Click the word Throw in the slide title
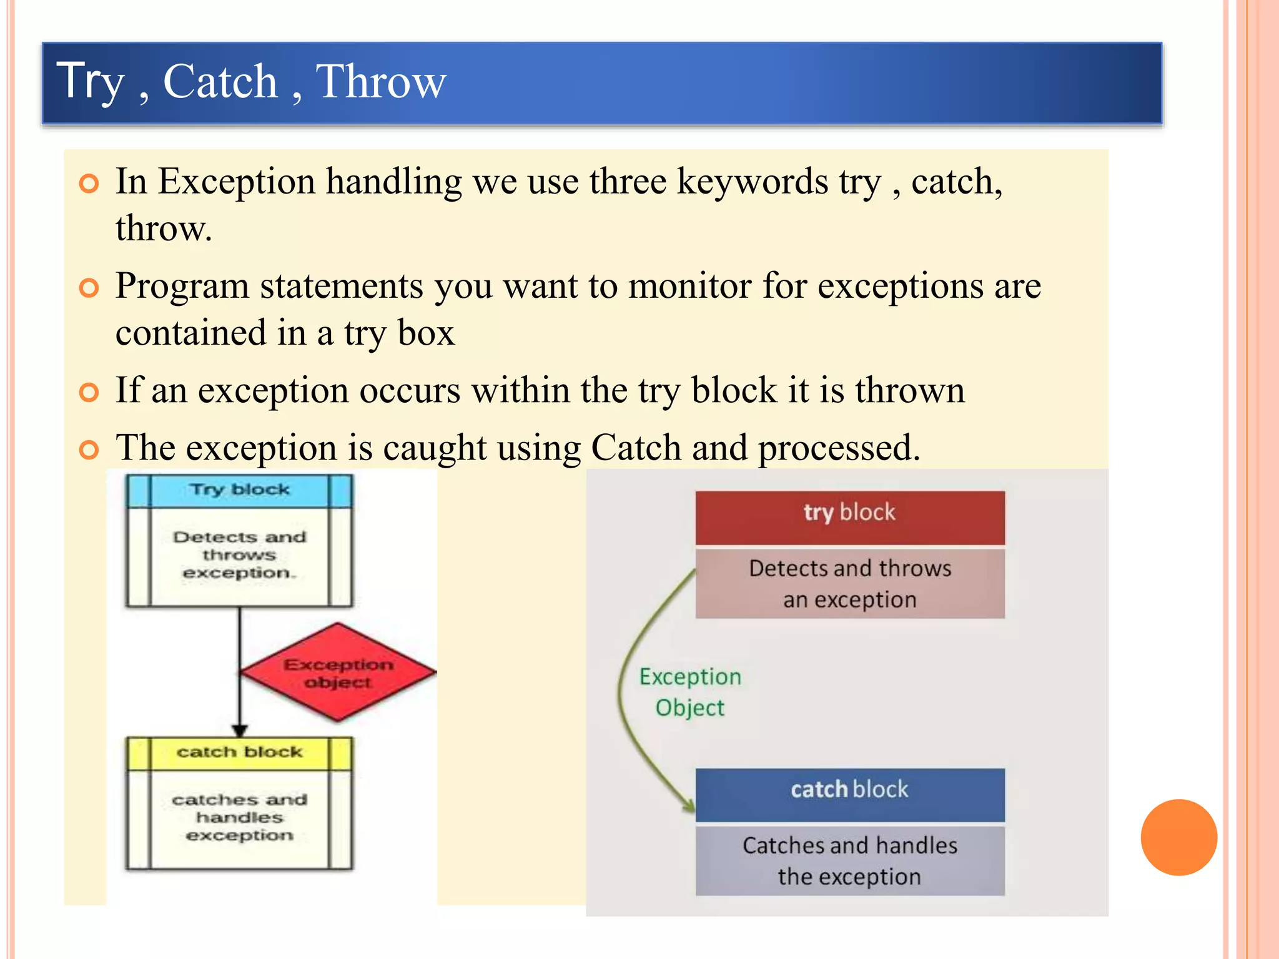click(x=381, y=82)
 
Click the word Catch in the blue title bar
click(x=220, y=82)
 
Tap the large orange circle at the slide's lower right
click(x=1178, y=837)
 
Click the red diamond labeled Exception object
click(x=338, y=672)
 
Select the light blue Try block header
click(x=240, y=490)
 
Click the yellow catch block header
click(x=240, y=752)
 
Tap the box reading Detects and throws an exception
click(x=850, y=584)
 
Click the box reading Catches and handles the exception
click(x=850, y=861)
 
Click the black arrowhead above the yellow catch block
click(x=240, y=730)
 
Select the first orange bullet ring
click(x=89, y=184)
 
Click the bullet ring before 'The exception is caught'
click(x=89, y=450)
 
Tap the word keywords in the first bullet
click(x=752, y=182)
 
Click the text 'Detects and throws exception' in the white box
click(x=240, y=555)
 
